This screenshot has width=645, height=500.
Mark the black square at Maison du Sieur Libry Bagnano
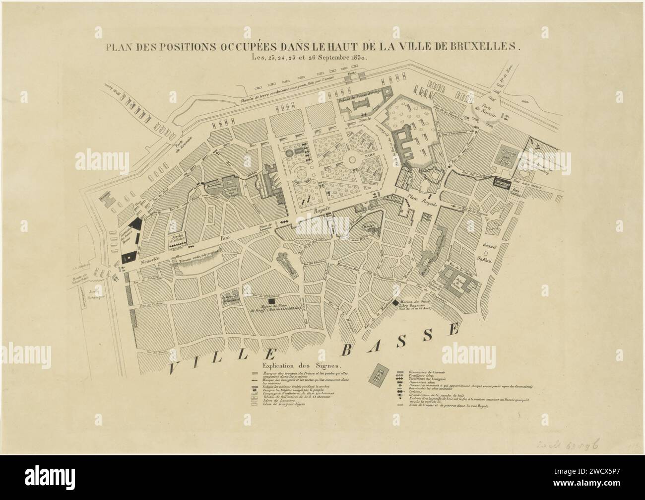click(395, 302)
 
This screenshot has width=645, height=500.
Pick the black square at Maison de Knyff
click(271, 301)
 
